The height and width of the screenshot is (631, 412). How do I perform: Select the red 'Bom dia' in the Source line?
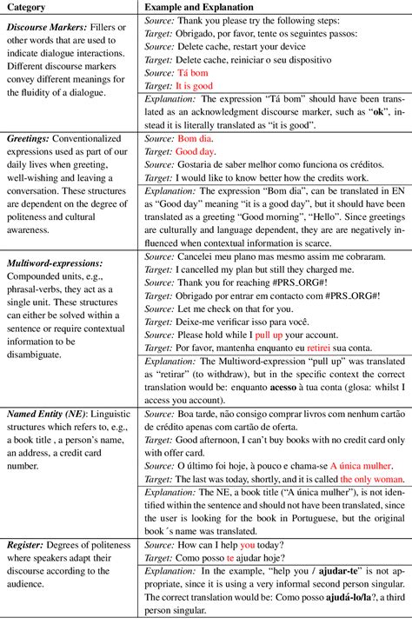pos(194,137)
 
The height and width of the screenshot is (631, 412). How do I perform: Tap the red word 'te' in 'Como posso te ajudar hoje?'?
pos(230,558)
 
